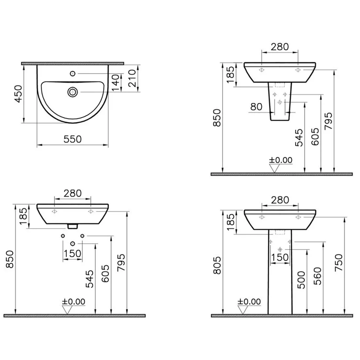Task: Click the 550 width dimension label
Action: [x=72, y=139]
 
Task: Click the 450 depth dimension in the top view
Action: [x=18, y=94]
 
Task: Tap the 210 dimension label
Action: [x=132, y=78]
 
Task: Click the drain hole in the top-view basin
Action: [x=73, y=92]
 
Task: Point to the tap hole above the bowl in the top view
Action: [x=73, y=73]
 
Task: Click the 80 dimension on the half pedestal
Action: [x=256, y=107]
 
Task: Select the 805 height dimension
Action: [x=217, y=265]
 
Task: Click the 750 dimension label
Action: [x=339, y=263]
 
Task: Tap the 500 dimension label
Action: [x=301, y=280]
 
